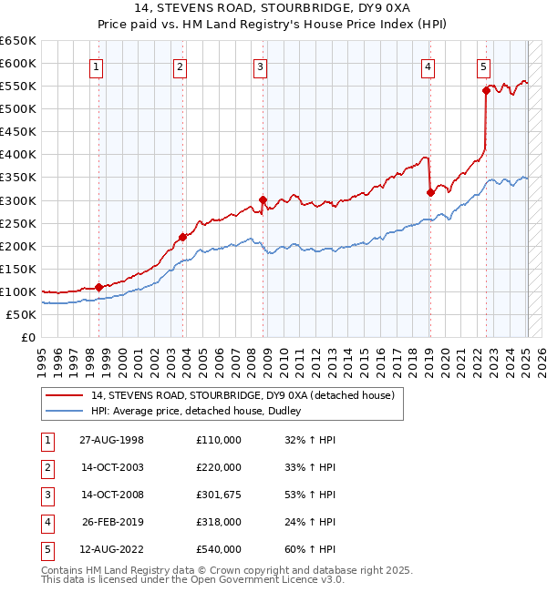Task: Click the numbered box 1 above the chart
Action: (x=97, y=66)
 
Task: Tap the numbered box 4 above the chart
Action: (x=428, y=66)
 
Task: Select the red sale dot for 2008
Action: (x=263, y=199)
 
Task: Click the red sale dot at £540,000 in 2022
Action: (x=486, y=90)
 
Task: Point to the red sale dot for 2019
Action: (x=430, y=192)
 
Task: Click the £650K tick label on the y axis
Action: (x=18, y=41)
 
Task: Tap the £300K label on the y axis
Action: (x=18, y=200)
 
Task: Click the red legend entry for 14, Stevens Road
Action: (x=242, y=395)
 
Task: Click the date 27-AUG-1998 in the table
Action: (x=112, y=441)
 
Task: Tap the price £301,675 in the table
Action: (x=219, y=495)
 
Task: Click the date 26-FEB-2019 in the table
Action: (x=112, y=523)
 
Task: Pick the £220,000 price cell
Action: (x=219, y=468)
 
